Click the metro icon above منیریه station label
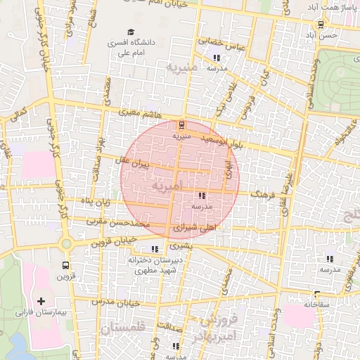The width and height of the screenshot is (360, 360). (x=182, y=125)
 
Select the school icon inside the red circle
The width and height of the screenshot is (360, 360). (x=202, y=196)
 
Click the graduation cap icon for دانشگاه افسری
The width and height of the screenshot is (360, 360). (x=131, y=32)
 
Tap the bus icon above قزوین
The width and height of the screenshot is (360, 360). (x=65, y=266)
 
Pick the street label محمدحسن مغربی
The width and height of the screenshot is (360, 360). (x=117, y=223)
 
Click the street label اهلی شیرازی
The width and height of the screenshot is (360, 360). (x=199, y=228)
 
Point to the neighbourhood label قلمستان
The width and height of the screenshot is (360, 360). (x=122, y=328)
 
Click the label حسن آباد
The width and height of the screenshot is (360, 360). (x=323, y=34)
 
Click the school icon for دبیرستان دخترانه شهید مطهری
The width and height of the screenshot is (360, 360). (x=154, y=249)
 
